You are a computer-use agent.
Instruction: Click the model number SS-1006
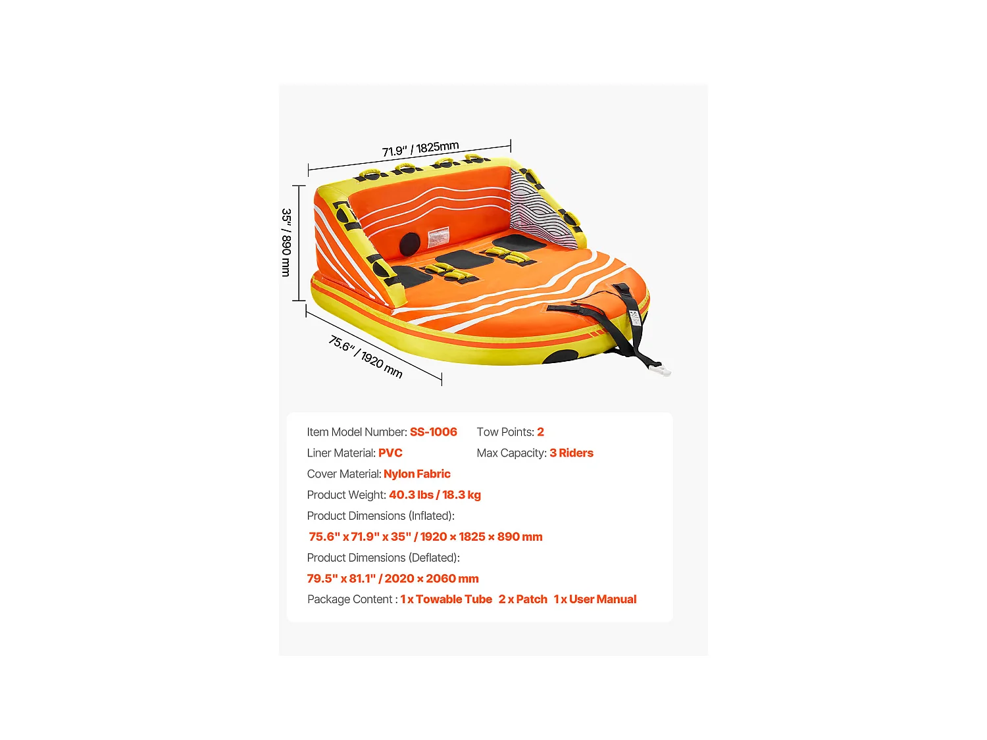433,432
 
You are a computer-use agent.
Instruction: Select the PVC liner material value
390,453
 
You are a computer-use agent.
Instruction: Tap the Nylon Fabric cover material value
417,474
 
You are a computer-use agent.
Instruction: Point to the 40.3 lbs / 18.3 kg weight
434,495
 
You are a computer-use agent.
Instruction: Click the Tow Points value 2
540,432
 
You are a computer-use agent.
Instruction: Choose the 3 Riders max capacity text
571,453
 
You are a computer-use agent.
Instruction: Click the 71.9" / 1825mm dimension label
420,149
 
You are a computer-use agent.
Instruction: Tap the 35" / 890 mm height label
286,242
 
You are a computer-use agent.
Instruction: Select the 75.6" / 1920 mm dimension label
366,357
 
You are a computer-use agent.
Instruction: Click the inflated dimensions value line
425,537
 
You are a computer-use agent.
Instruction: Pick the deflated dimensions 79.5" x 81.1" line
393,579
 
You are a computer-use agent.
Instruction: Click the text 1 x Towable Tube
446,599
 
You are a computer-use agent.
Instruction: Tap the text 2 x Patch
522,599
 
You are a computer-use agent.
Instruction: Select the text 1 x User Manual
595,599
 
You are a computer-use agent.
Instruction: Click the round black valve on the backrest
409,244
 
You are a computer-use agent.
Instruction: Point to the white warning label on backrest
438,237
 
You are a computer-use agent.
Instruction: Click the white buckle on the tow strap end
659,370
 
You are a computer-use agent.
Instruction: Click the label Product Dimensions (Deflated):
383,558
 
